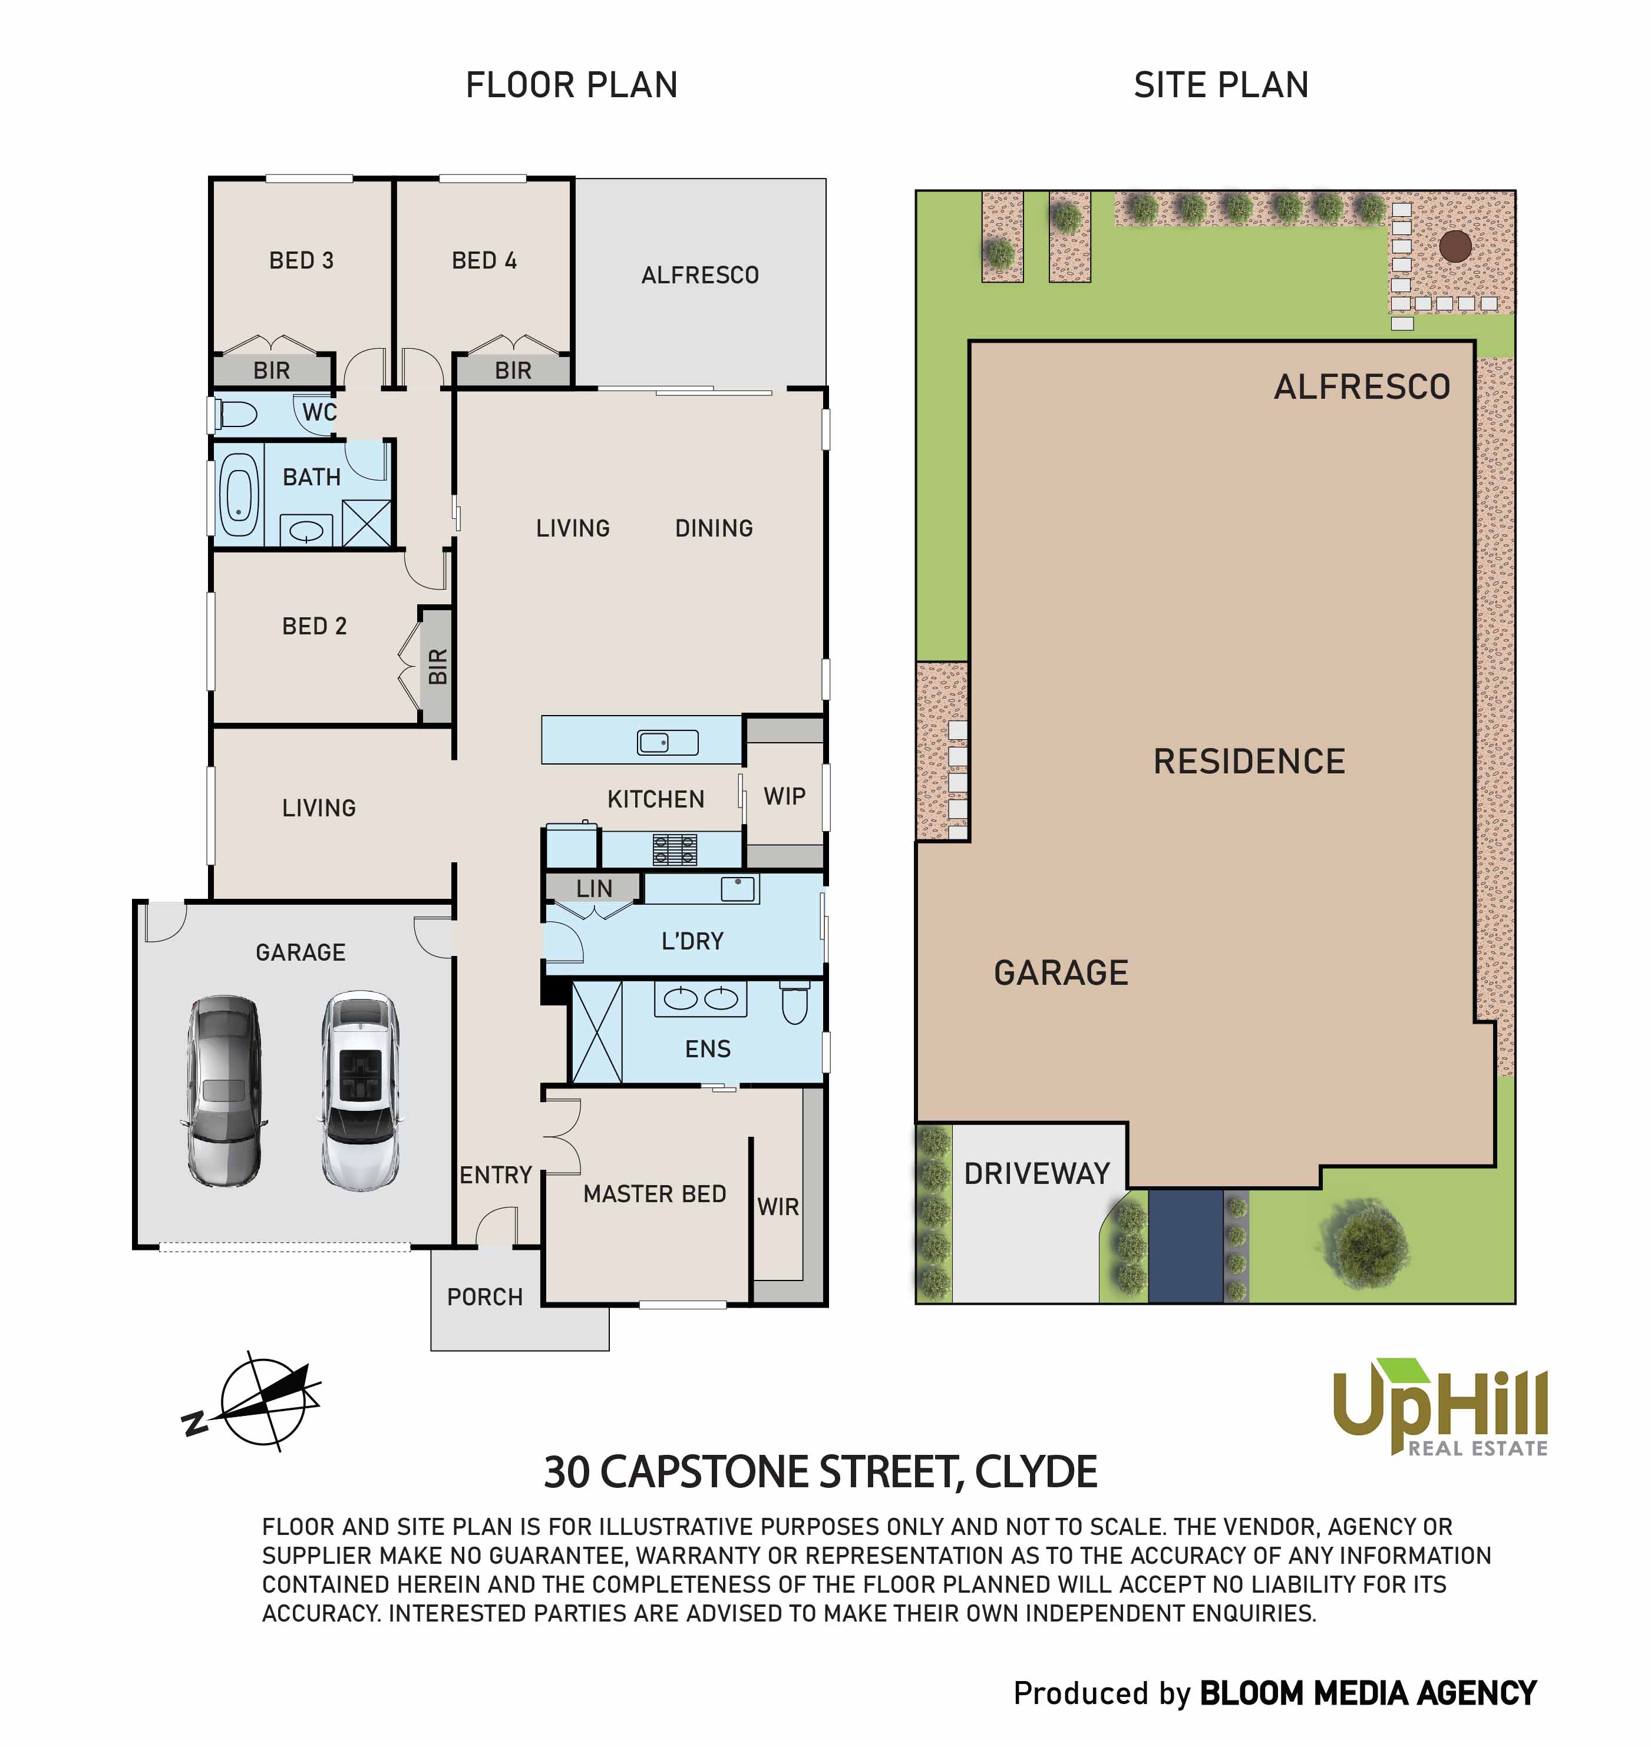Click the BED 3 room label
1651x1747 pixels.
(x=301, y=260)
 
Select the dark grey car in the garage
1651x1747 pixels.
(x=224, y=1091)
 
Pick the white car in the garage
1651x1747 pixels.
(x=361, y=1091)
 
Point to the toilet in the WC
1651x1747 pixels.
(x=236, y=413)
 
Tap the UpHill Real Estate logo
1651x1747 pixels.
(x=1440, y=1408)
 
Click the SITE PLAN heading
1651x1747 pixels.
(x=1221, y=85)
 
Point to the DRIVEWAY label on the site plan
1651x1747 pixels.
(x=1036, y=1173)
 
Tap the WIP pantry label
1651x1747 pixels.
(x=784, y=796)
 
